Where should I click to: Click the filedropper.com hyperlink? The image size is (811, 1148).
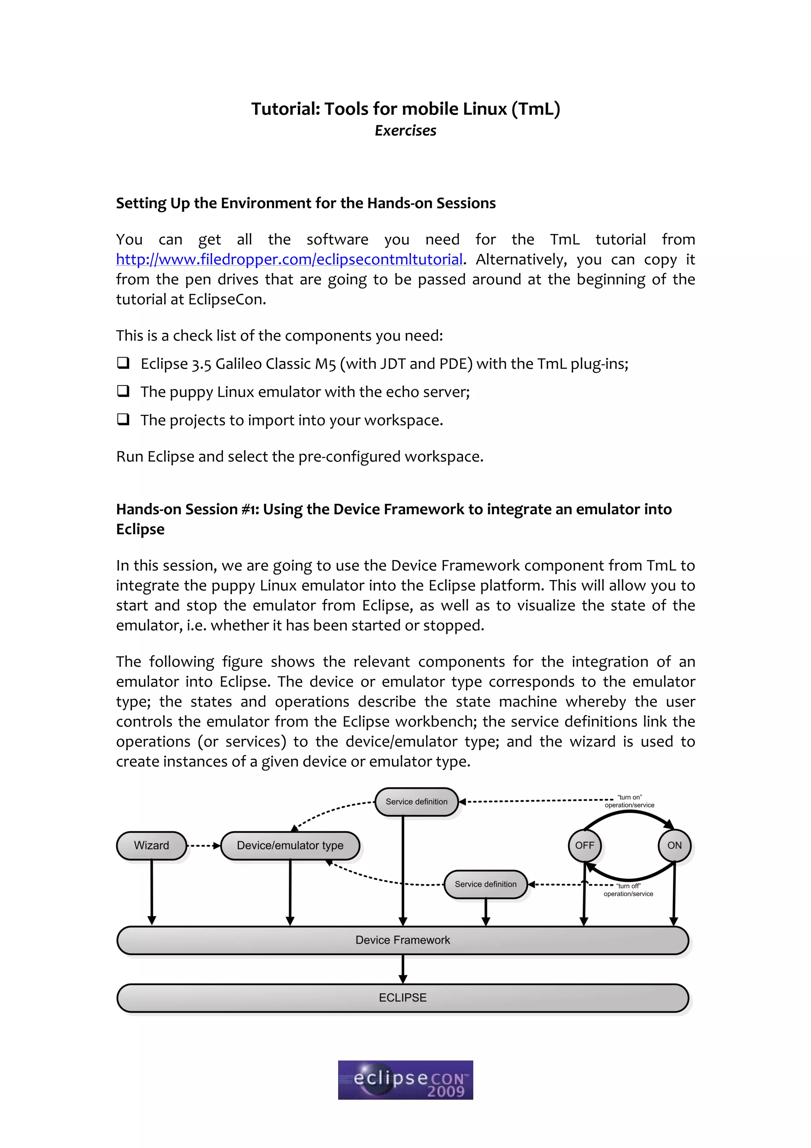pyautogui.click(x=289, y=259)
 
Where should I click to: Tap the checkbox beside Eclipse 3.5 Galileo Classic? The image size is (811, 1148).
pyautogui.click(x=123, y=362)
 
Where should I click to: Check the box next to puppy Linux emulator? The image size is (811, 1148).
pyautogui.click(x=123, y=391)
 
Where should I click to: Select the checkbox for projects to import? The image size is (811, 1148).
pyautogui.click(x=123, y=419)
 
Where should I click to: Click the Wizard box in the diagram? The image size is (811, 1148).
pyautogui.click(x=151, y=845)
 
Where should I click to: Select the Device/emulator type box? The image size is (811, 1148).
pyautogui.click(x=290, y=845)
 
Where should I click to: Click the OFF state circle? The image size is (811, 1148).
pyautogui.click(x=584, y=845)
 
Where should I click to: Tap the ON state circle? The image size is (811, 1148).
pyautogui.click(x=674, y=845)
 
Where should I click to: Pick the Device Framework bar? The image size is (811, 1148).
pyautogui.click(x=403, y=940)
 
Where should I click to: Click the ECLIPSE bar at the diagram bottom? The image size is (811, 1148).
pyautogui.click(x=403, y=997)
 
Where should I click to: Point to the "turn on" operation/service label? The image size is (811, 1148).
pyautogui.click(x=629, y=801)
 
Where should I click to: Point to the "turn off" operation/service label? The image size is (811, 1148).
pyautogui.click(x=628, y=889)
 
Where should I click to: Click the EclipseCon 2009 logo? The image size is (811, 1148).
pyautogui.click(x=405, y=1080)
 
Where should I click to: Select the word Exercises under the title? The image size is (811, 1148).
pyautogui.click(x=405, y=130)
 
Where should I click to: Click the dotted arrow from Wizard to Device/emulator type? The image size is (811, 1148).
pyautogui.click(x=203, y=845)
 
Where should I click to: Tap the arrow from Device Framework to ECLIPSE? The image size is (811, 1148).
pyautogui.click(x=403, y=969)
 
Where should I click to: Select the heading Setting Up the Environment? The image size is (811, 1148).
pyautogui.click(x=306, y=203)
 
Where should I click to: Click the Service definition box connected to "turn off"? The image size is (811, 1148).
pyautogui.click(x=485, y=884)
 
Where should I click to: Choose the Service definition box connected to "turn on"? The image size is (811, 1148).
pyautogui.click(x=416, y=801)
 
